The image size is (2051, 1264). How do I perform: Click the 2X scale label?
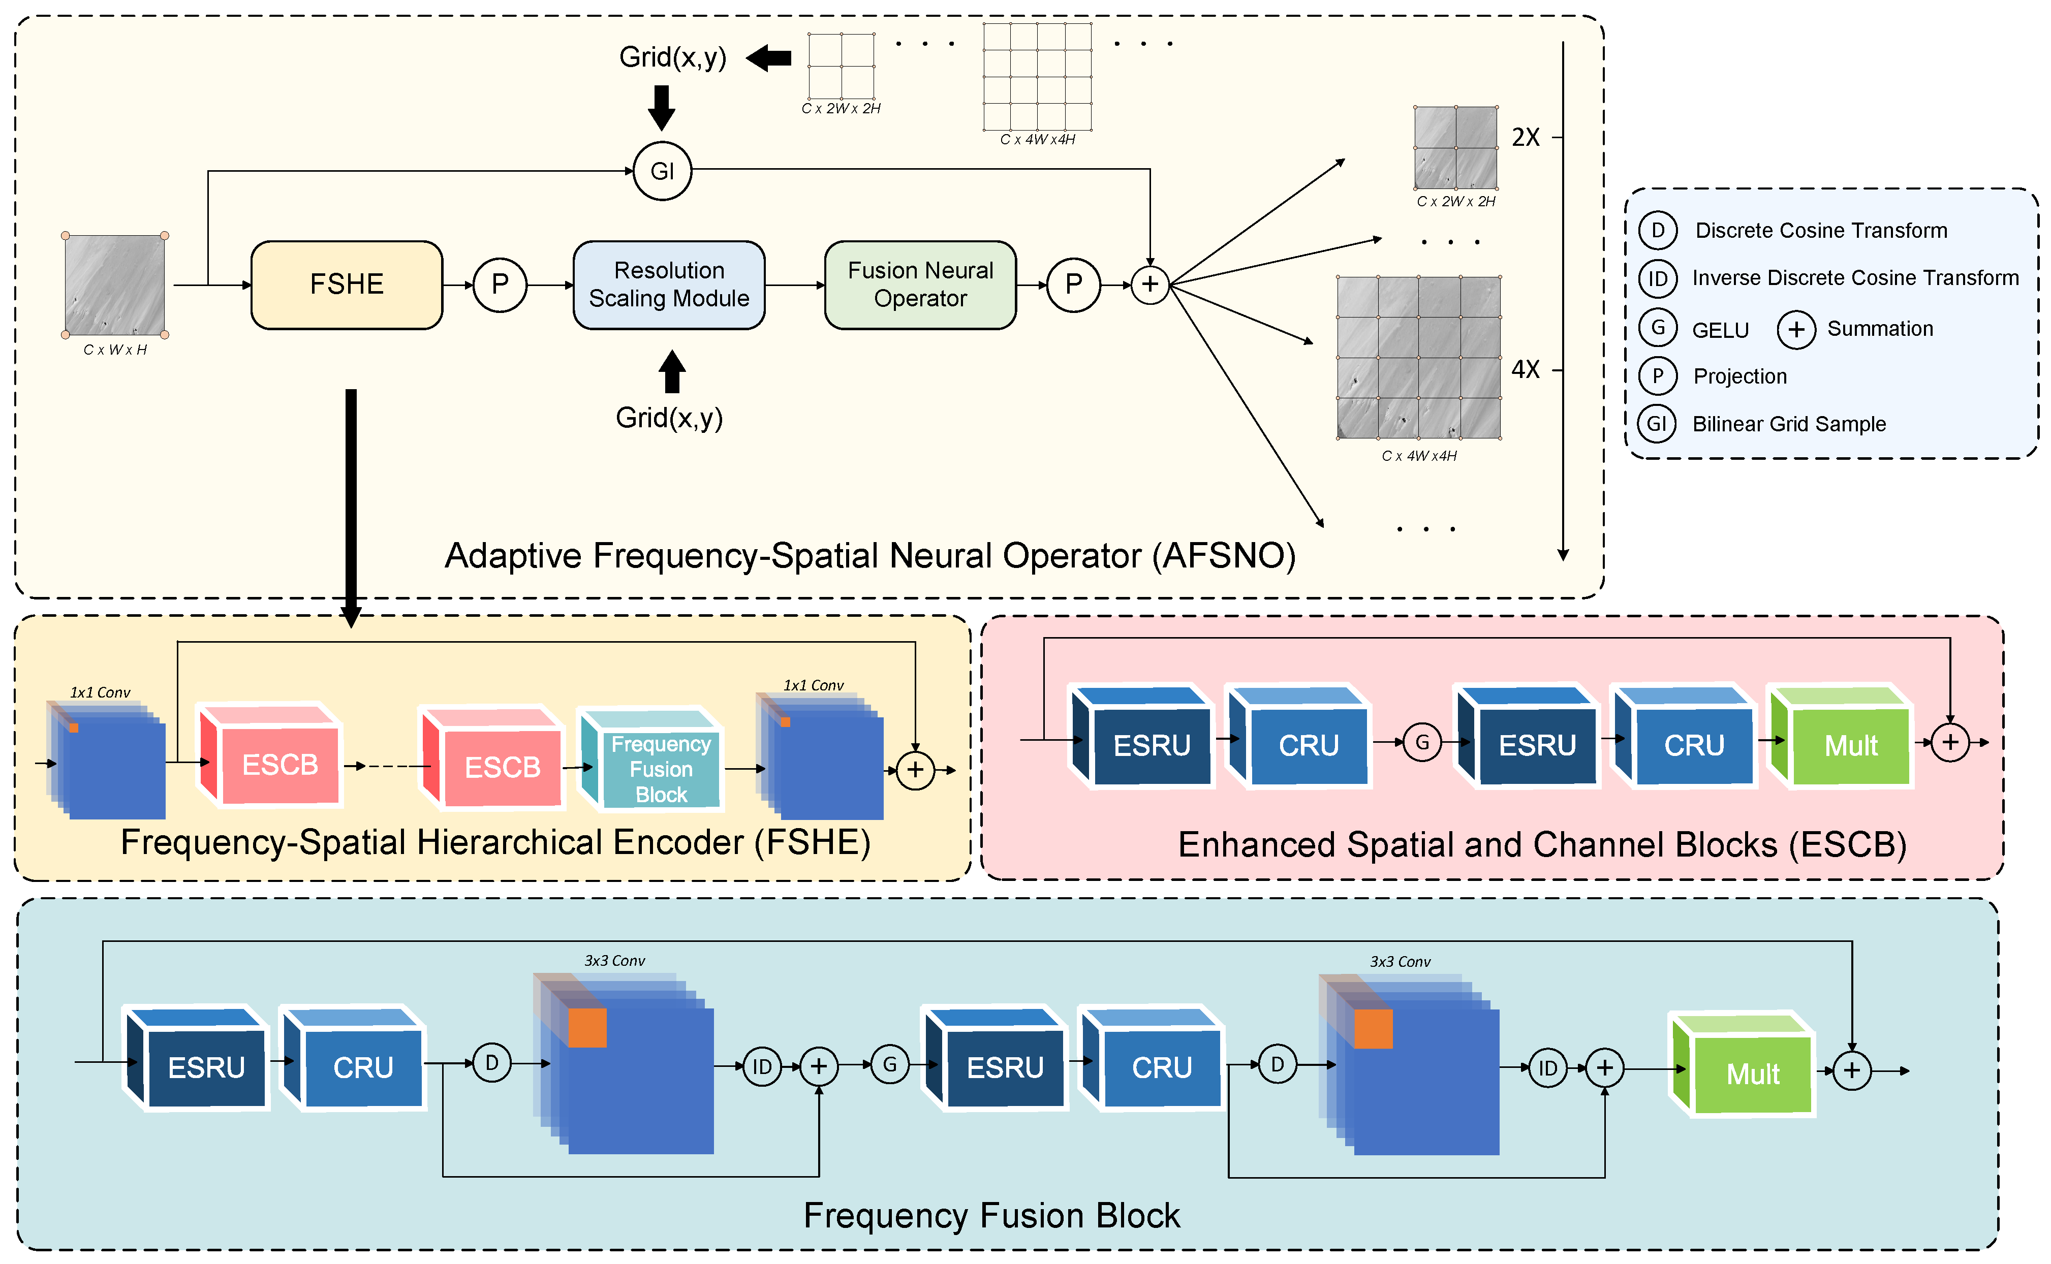point(1525,137)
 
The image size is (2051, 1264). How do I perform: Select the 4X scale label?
point(1525,369)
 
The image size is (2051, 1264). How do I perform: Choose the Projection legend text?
point(1739,376)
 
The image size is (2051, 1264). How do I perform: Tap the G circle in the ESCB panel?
point(1421,742)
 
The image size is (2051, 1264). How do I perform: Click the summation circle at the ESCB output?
point(1950,742)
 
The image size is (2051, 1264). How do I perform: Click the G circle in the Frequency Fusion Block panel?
point(890,1065)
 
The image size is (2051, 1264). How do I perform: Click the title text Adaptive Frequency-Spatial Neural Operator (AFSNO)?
point(869,556)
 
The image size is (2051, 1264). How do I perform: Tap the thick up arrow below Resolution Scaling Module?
point(671,371)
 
